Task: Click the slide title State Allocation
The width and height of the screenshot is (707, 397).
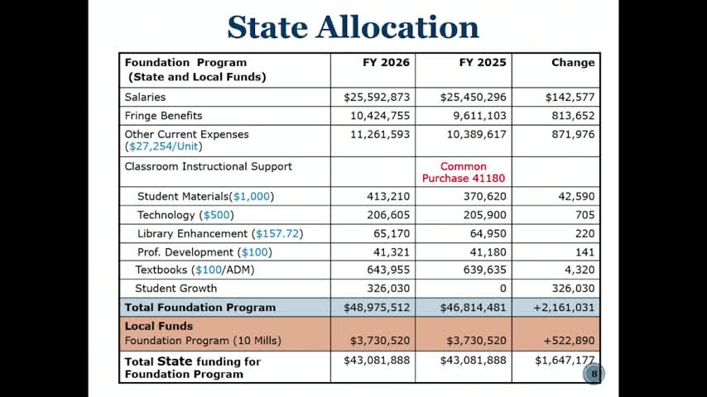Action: (353, 27)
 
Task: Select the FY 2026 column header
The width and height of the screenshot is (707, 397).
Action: (386, 63)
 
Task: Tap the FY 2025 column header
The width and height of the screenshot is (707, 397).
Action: (483, 63)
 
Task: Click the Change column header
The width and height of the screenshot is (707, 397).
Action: (573, 63)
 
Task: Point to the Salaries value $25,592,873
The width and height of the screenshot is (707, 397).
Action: (377, 98)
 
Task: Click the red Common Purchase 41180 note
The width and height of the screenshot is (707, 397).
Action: (464, 172)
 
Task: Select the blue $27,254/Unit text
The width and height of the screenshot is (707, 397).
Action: (163, 146)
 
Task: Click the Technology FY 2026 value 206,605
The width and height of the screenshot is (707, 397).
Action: (388, 215)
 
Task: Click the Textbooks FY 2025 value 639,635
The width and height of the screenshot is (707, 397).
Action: (484, 270)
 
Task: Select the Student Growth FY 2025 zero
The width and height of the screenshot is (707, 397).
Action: (503, 289)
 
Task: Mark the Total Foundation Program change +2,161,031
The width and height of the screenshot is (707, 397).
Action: (564, 308)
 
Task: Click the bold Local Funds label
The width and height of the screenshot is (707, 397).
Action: (158, 326)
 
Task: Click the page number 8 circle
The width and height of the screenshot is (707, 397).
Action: (593, 374)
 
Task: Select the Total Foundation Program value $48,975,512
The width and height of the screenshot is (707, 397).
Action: (377, 308)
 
